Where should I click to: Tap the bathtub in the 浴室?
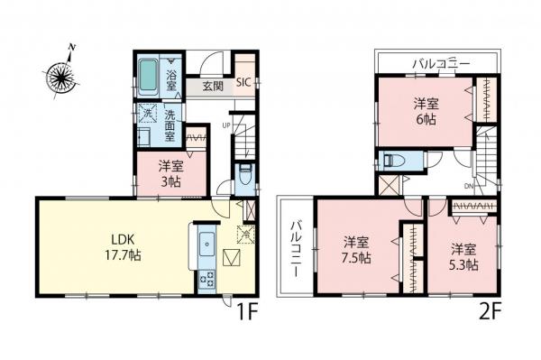150,76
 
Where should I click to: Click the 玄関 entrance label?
213,88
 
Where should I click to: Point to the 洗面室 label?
170,121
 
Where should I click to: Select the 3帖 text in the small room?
170,179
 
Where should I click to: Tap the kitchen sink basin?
203,244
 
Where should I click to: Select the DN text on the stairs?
469,187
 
